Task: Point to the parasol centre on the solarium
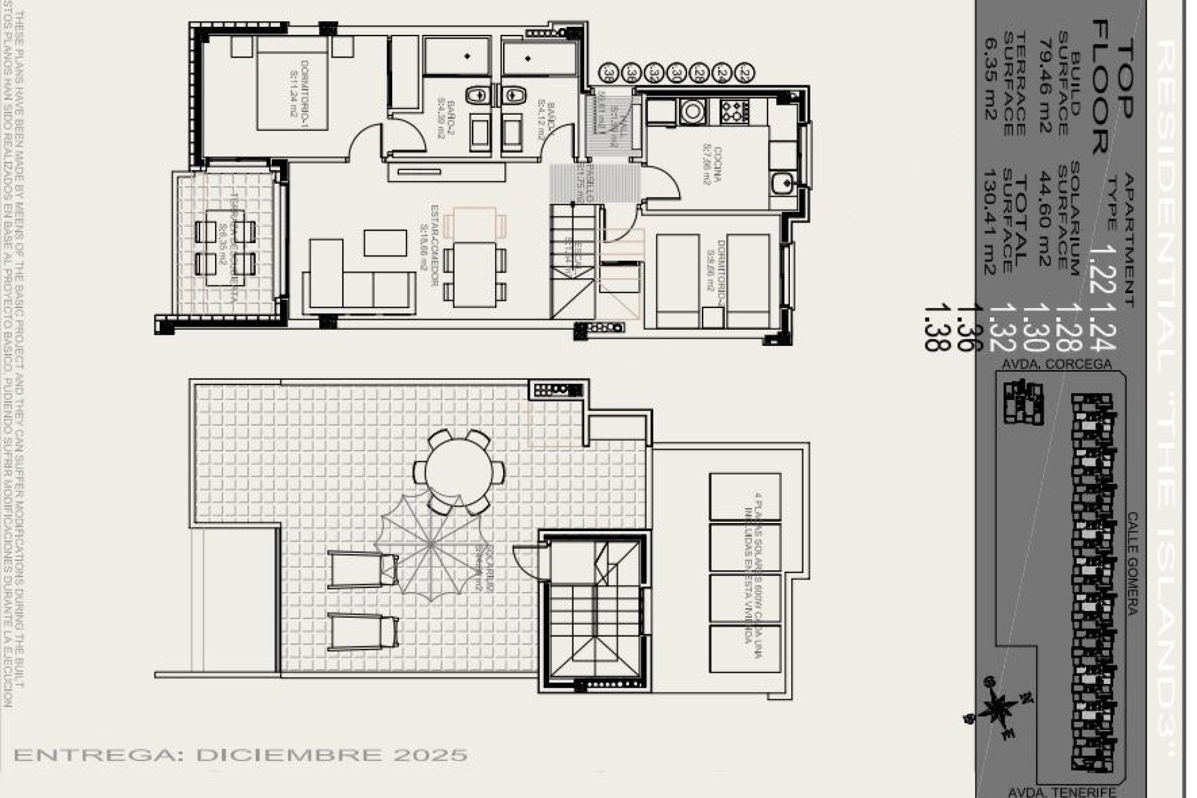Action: point(431,546)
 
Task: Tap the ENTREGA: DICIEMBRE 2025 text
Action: point(240,755)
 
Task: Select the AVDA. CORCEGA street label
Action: point(1056,364)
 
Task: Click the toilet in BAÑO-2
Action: point(478,95)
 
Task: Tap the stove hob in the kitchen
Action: point(734,111)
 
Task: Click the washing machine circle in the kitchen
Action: point(692,112)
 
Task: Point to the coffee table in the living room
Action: point(385,243)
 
